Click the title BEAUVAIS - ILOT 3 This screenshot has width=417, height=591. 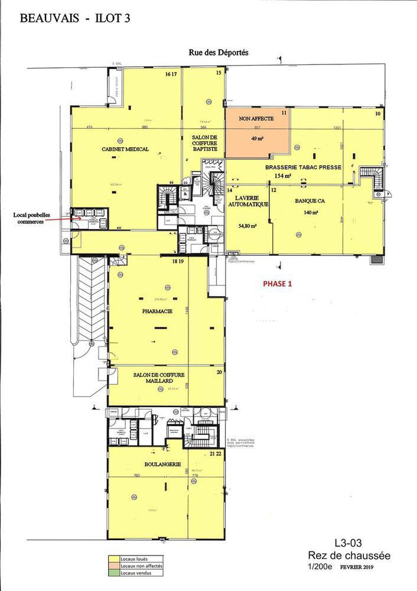click(x=75, y=19)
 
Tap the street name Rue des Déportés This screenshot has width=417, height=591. click(x=219, y=52)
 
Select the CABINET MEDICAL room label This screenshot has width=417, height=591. click(x=124, y=149)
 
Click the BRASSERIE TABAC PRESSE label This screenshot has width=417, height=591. click(x=304, y=167)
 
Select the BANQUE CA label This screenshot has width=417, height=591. click(x=307, y=201)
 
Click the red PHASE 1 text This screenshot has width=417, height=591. click(x=277, y=283)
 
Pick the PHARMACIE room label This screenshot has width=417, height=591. click(x=157, y=310)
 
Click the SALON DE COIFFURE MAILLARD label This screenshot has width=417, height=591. click(x=159, y=379)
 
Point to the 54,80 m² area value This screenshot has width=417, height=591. click(x=249, y=225)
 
